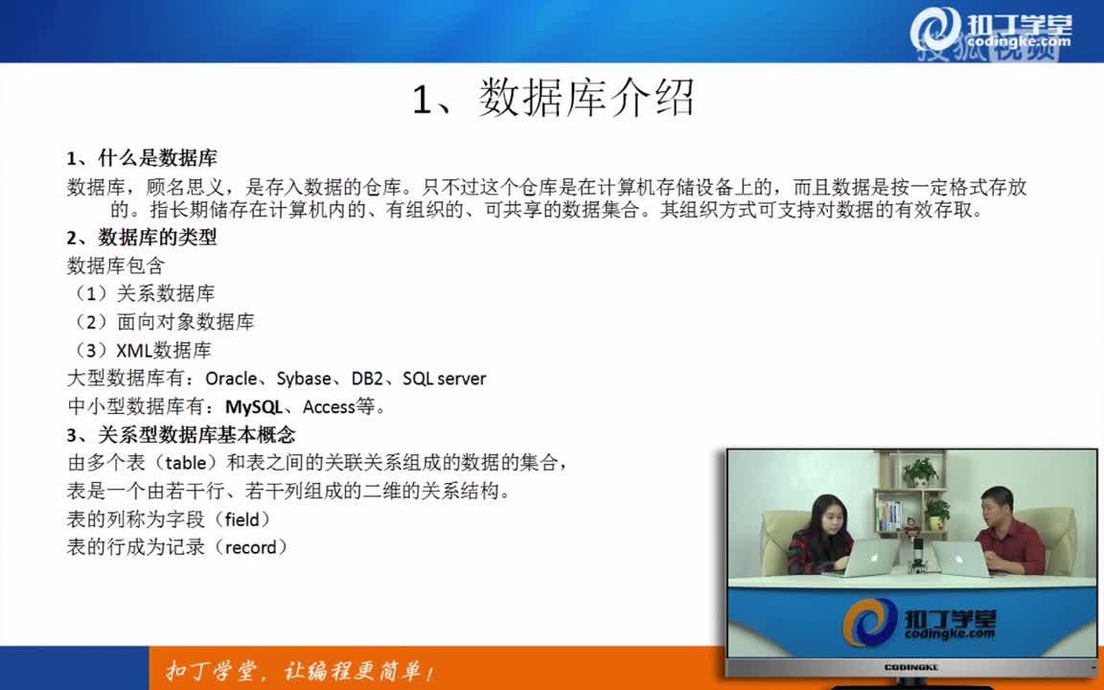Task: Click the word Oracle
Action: pyautogui.click(x=231, y=379)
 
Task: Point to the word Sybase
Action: pyautogui.click(x=304, y=379)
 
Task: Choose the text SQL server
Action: pyautogui.click(x=444, y=379)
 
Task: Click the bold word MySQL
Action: pyautogui.click(x=254, y=407)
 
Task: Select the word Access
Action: pyautogui.click(x=329, y=407)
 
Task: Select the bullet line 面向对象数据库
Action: pyautogui.click(x=185, y=322)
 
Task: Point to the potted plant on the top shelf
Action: pyautogui.click(x=921, y=471)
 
